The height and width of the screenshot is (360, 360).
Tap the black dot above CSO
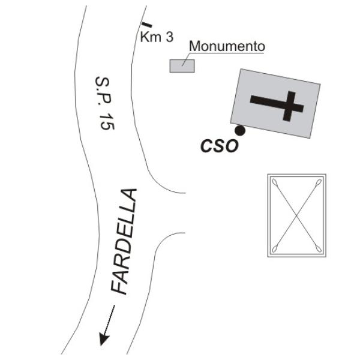[240, 130]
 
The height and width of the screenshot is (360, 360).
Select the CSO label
[220, 146]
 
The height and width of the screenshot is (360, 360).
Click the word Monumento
[227, 46]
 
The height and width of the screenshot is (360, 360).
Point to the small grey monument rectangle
[182, 66]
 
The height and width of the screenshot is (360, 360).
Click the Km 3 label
[157, 37]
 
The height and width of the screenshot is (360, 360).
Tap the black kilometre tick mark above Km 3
[147, 25]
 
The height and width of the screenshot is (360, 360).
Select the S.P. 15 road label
[105, 103]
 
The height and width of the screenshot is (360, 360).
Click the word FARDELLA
[124, 241]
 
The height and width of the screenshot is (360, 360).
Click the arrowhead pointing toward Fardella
[104, 339]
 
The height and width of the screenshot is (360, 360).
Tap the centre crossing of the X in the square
[296, 215]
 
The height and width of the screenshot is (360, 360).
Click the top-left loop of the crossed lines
[275, 182]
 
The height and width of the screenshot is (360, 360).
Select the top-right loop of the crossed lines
[319, 182]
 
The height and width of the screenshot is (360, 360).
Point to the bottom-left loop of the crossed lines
[275, 248]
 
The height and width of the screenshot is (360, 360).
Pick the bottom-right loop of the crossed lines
[318, 248]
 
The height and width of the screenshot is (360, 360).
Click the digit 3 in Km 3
[170, 37]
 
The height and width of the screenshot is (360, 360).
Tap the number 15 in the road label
[107, 121]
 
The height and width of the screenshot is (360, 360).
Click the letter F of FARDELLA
[119, 285]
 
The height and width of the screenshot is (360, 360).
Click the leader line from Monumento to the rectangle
[186, 59]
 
